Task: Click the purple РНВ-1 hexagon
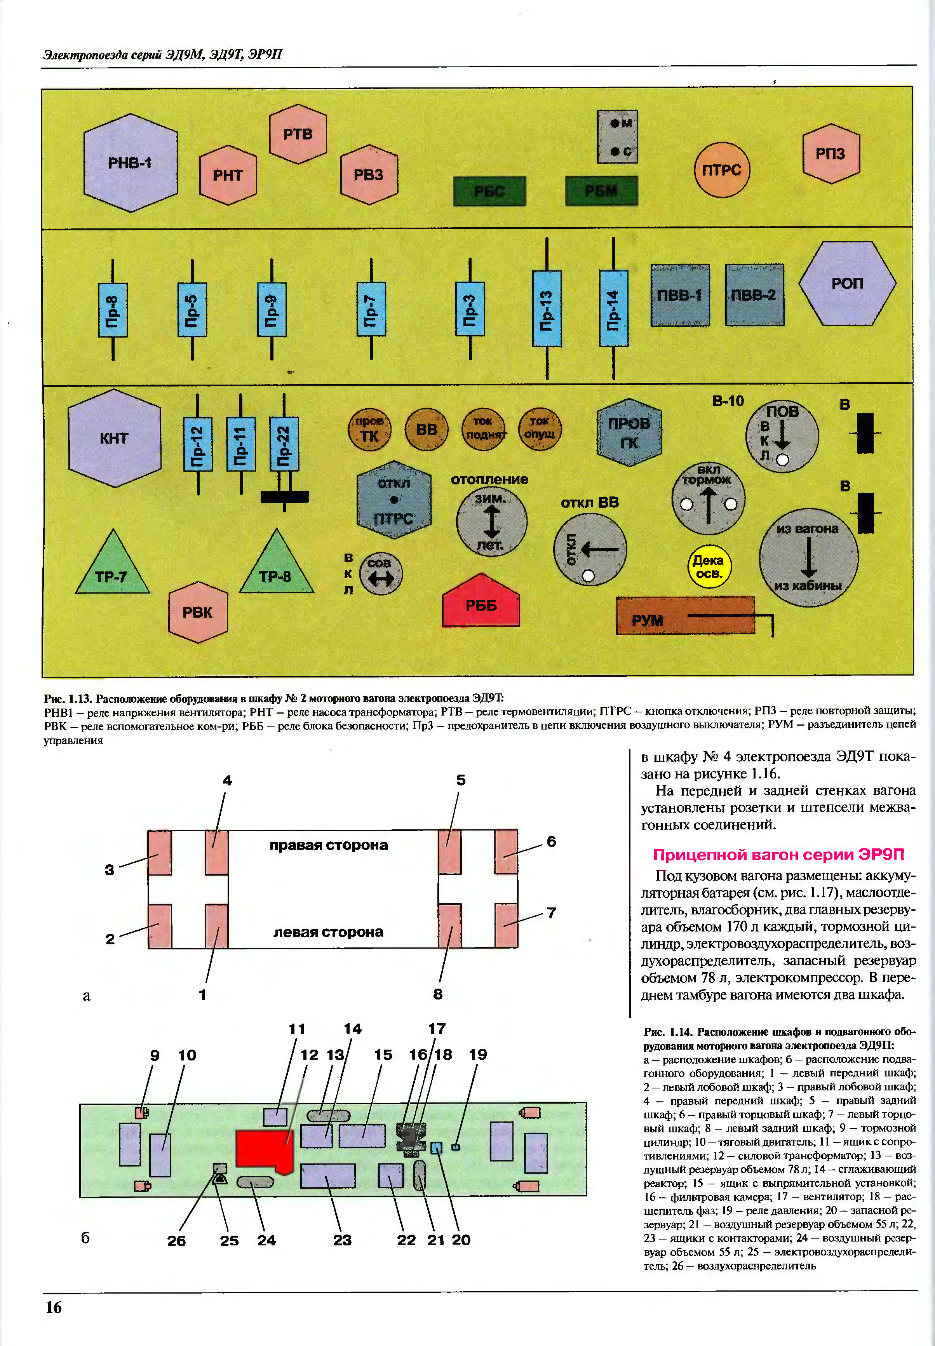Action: click(130, 163)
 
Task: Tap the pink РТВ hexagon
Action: click(298, 134)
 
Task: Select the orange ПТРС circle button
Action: click(721, 170)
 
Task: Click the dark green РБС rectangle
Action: click(489, 191)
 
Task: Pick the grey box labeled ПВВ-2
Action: click(754, 294)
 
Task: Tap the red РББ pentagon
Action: click(481, 603)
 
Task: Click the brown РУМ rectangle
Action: click(685, 616)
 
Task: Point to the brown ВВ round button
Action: click(427, 429)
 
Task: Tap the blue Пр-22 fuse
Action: click(284, 443)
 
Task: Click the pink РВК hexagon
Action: click(197, 612)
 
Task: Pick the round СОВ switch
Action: click(380, 574)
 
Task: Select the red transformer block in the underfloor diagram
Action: click(263, 1150)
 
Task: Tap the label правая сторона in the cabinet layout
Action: click(328, 845)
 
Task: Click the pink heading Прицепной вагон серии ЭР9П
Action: click(778, 855)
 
